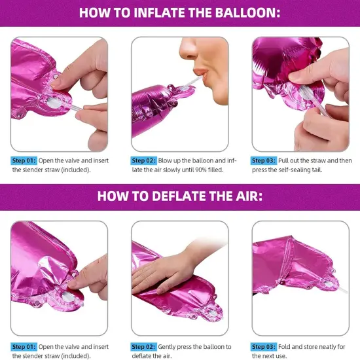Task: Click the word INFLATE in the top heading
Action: pyautogui.click(x=157, y=12)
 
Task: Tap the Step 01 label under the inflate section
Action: pyautogui.click(x=24, y=161)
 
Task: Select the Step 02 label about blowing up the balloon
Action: pyautogui.click(x=144, y=161)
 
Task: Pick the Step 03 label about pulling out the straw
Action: pyautogui.click(x=264, y=161)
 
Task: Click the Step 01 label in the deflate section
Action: pyautogui.click(x=24, y=347)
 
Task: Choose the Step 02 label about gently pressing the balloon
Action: pyautogui.click(x=144, y=347)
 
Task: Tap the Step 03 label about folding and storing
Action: pyautogui.click(x=264, y=347)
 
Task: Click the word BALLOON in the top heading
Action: pyautogui.click(x=247, y=12)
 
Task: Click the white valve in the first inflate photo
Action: pyautogui.click(x=54, y=103)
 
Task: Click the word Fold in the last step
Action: pyautogui.click(x=285, y=347)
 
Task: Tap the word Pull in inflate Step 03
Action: pyautogui.click(x=283, y=161)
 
